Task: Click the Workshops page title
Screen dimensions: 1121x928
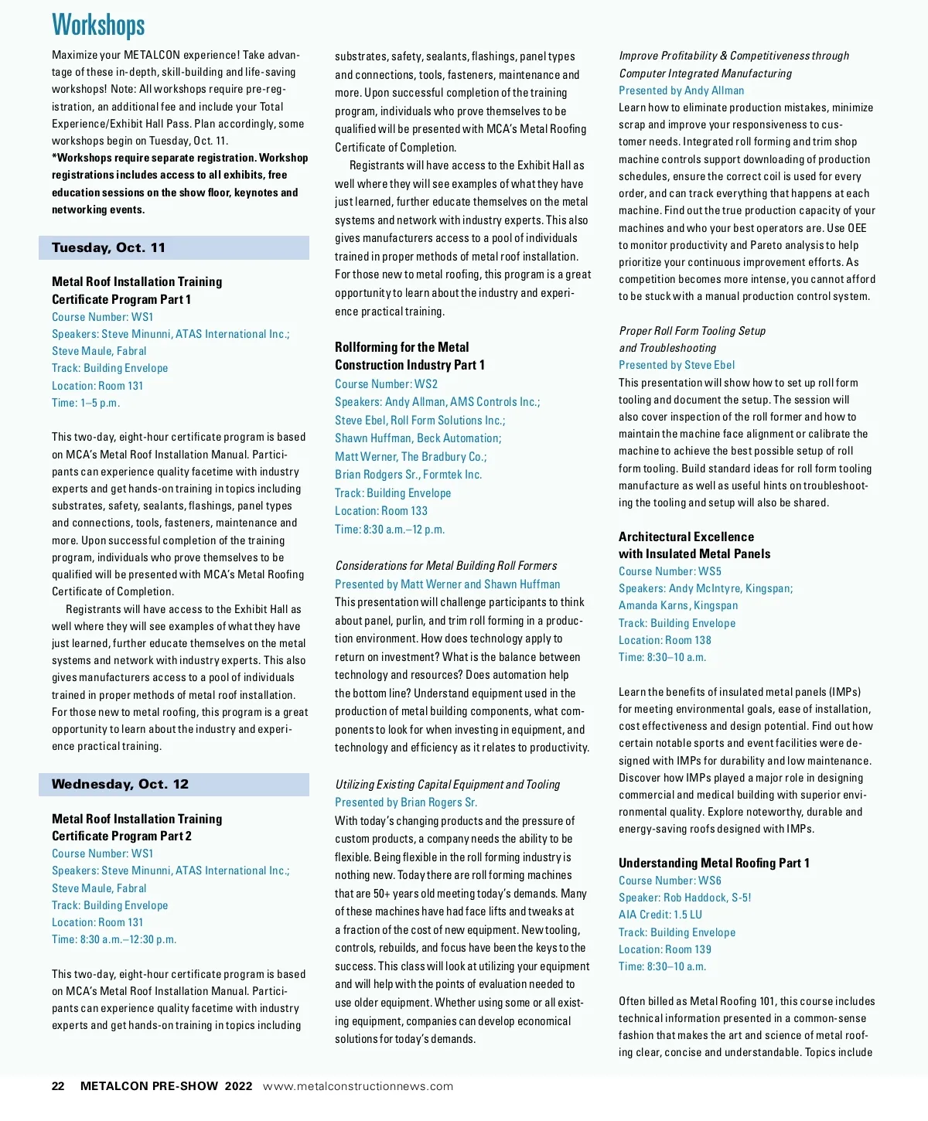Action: [98, 25]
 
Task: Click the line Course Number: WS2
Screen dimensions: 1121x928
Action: [386, 383]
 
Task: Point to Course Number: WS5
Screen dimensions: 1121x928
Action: [670, 571]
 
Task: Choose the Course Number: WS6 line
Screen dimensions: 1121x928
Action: [670, 881]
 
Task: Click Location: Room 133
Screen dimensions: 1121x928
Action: [380, 511]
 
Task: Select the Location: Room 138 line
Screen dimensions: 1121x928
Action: [664, 640]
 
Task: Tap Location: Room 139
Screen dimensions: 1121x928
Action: [664, 949]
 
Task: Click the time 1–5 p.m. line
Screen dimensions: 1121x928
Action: [86, 403]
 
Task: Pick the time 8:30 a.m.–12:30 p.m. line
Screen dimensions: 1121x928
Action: [114, 939]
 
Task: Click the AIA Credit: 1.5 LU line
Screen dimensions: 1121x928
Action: [660, 915]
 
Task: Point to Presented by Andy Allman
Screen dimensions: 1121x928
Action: [681, 90]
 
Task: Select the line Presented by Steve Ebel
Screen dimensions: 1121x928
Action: [677, 365]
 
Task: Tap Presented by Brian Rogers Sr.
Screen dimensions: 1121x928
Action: [406, 802]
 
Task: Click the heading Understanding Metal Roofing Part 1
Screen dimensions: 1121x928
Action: [714, 863]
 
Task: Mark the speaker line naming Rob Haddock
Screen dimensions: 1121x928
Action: [684, 898]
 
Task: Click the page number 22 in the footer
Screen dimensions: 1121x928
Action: [58, 1086]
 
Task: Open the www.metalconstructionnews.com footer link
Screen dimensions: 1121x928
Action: [357, 1086]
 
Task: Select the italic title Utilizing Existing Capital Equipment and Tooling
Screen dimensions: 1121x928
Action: [447, 785]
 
